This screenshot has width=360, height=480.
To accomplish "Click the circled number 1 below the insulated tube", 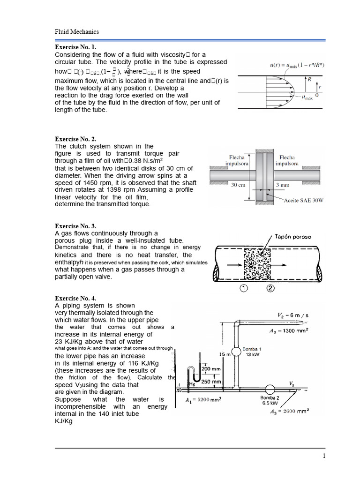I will (244, 289).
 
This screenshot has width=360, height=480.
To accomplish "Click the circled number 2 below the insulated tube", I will (270, 289).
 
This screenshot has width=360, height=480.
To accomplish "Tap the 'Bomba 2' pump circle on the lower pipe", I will (270, 389).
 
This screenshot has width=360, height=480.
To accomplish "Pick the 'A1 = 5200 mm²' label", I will (203, 400).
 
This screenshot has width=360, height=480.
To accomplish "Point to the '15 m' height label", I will (225, 355).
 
